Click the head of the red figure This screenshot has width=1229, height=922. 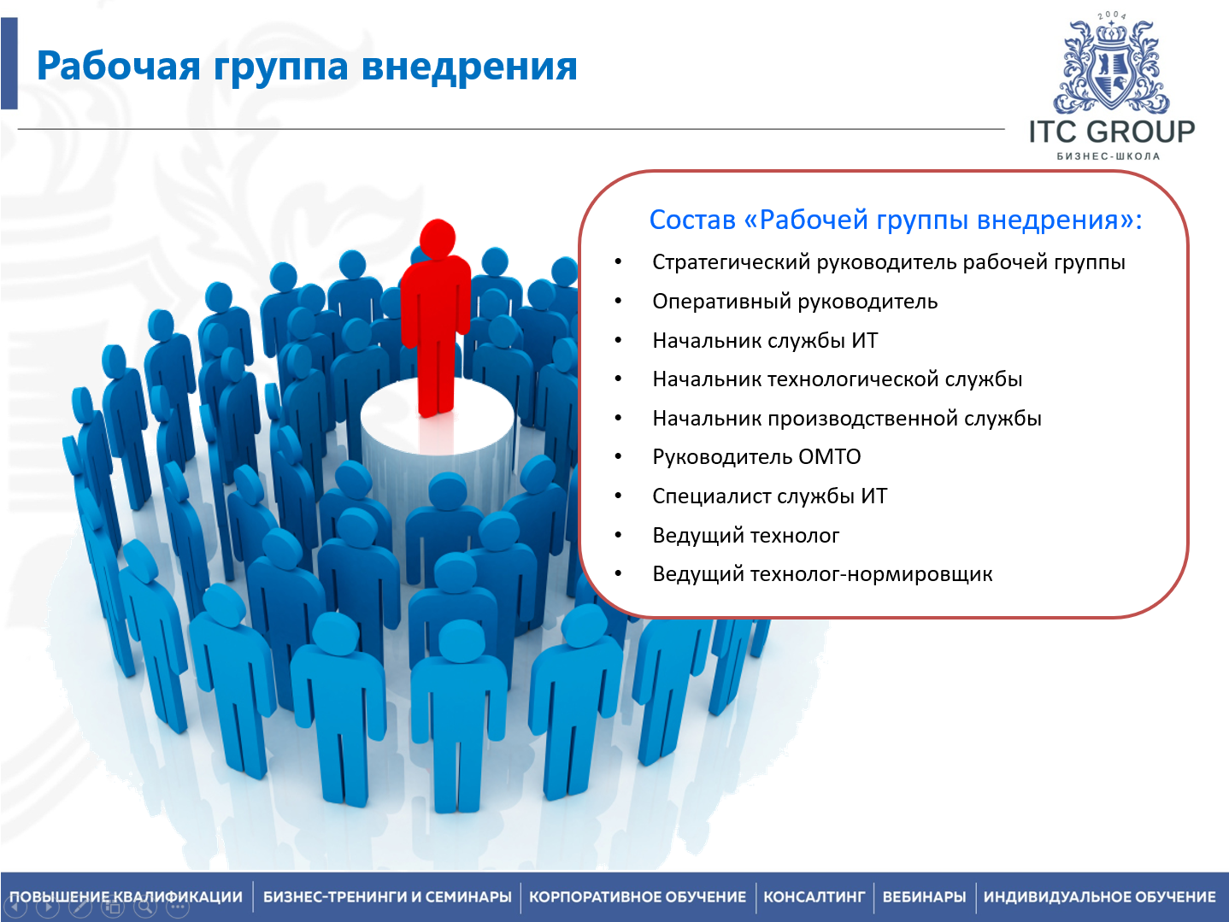point(438,238)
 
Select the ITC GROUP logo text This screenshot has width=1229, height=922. point(1111,132)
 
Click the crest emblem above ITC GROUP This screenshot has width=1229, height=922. point(1111,64)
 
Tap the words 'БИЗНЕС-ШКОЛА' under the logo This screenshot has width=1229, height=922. point(1108,156)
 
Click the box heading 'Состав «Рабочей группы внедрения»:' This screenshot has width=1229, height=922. point(896,220)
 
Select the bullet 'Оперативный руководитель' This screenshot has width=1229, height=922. point(795,302)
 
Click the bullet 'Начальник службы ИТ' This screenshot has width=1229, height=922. point(765,340)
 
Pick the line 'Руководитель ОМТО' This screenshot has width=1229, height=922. point(756,457)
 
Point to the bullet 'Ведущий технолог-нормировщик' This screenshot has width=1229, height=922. point(822,574)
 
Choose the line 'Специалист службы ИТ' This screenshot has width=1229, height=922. point(770,496)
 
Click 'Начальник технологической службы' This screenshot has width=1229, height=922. point(837,379)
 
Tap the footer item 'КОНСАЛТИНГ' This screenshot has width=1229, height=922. point(814,896)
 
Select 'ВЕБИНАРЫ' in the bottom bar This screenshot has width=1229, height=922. point(924,896)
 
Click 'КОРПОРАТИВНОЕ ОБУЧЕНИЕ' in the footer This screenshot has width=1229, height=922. point(638,896)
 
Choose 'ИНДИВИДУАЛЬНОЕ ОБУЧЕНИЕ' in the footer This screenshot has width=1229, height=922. point(1100,896)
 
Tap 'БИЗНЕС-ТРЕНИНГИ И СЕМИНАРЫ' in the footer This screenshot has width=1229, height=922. point(387,896)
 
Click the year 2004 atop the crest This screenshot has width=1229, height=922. point(1111,15)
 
